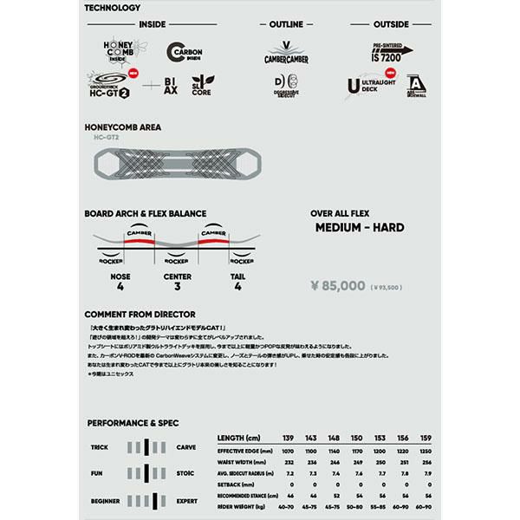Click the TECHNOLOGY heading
pos(112,7)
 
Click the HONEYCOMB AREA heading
pos(122,127)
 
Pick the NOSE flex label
pos(121,276)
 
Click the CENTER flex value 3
pos(177,286)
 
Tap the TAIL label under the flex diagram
pos(237,276)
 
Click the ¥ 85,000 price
pos(337,284)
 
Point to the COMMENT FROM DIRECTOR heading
pos(140,314)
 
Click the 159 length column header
pos(425,438)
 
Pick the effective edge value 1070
pos(289,452)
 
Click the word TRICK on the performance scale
pos(100,447)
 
